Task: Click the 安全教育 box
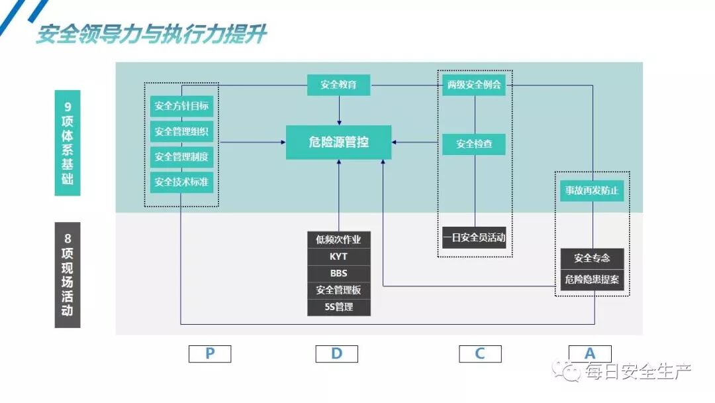[x=338, y=85]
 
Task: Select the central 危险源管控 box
[x=338, y=142]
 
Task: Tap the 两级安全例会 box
[x=474, y=85]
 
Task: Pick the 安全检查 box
[x=474, y=143]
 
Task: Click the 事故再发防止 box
[x=592, y=191]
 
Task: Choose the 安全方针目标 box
[x=181, y=106]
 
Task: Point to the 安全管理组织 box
[x=181, y=131]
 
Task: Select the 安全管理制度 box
[x=181, y=156]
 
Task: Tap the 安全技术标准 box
[x=181, y=182]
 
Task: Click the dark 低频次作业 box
[x=338, y=239]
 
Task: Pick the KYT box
[x=338, y=257]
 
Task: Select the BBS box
[x=338, y=273]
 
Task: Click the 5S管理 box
[x=338, y=307]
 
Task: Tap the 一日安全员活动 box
[x=474, y=237]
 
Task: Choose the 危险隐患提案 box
[x=592, y=280]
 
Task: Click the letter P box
[x=210, y=354]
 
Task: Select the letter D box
[x=336, y=354]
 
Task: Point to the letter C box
[x=480, y=354]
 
